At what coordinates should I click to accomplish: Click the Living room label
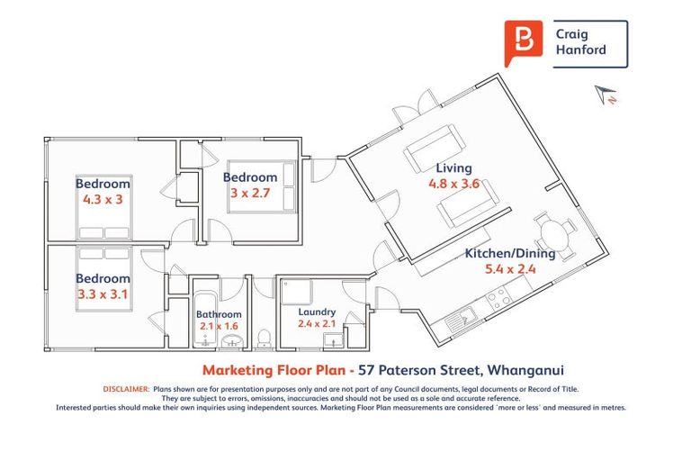click(x=453, y=168)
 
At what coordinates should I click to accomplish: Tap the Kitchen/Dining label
click(x=510, y=253)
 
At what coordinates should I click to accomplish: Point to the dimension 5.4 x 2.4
click(x=510, y=269)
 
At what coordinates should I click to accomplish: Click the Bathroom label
click(x=219, y=314)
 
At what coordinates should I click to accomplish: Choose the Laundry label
click(x=317, y=312)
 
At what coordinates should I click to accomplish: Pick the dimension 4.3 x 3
click(x=102, y=200)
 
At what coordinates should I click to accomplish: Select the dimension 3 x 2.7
click(x=250, y=193)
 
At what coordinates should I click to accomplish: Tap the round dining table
click(x=552, y=234)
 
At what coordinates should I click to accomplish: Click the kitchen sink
click(x=467, y=316)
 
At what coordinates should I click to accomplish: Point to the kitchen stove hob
click(x=498, y=295)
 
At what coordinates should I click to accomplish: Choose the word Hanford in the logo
click(x=586, y=50)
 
